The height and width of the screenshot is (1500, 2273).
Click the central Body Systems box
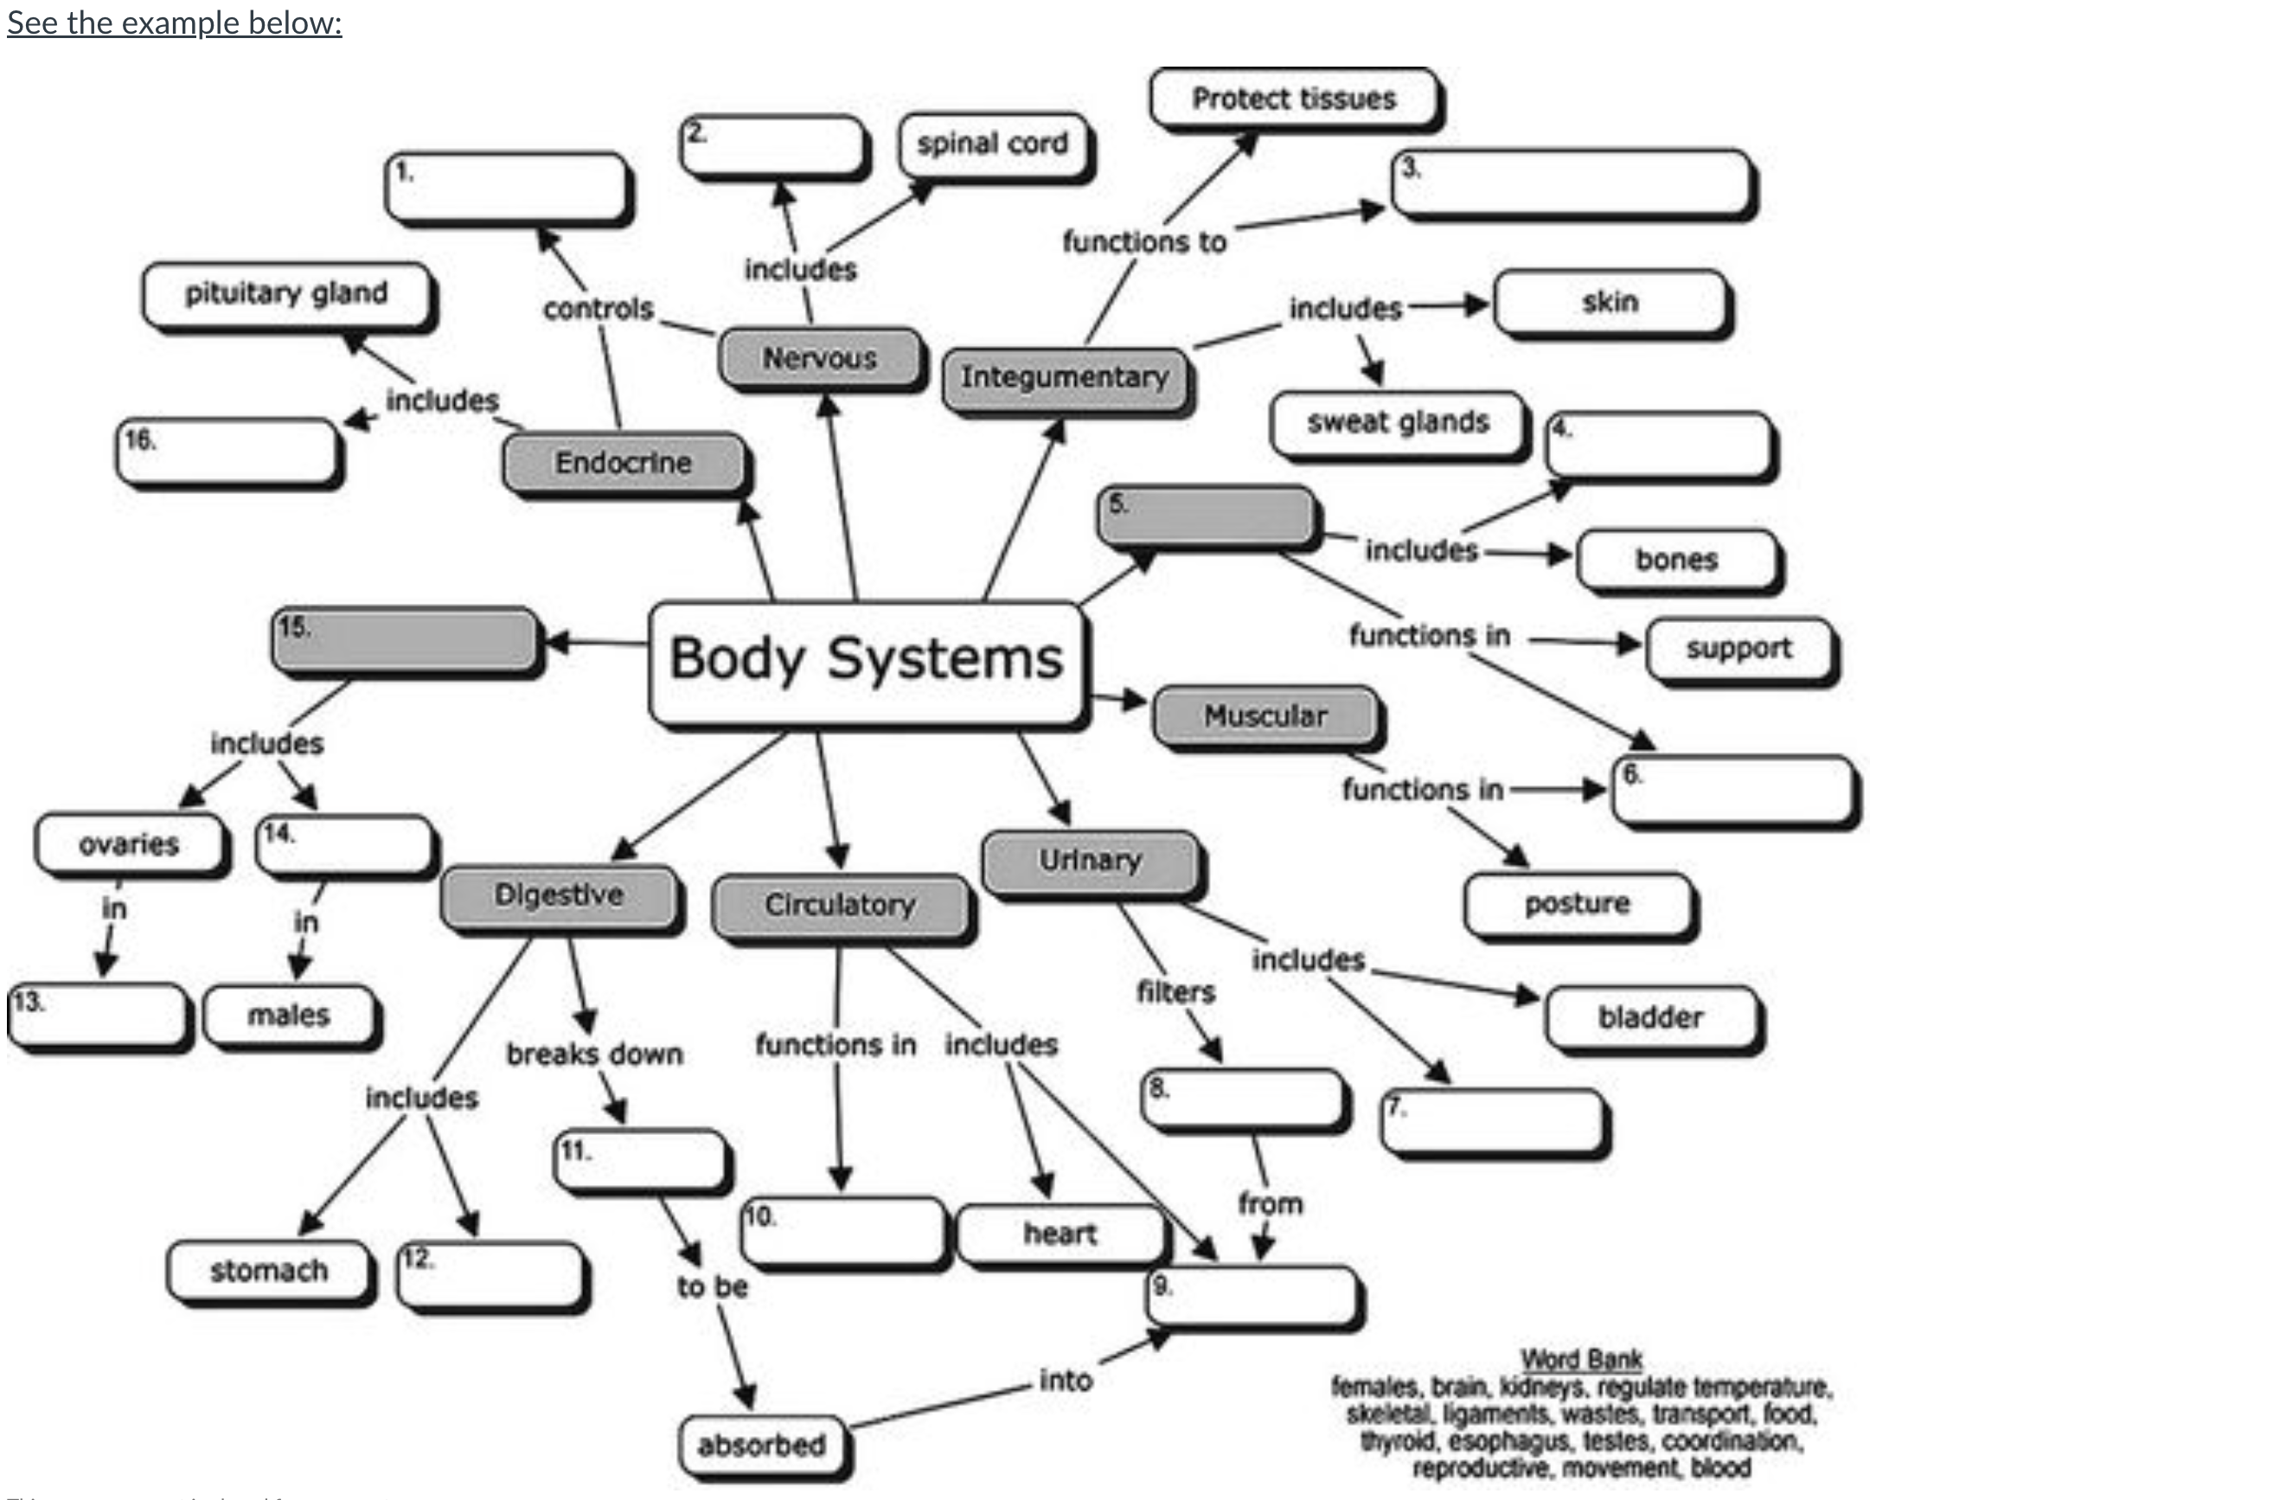(x=867, y=660)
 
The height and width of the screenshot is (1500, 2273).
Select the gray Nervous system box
(x=819, y=358)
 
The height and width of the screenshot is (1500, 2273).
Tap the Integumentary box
(x=1065, y=378)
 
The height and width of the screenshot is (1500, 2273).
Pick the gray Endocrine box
(x=623, y=463)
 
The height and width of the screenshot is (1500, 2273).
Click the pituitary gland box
(x=286, y=294)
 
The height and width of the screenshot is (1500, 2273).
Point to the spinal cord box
(x=993, y=144)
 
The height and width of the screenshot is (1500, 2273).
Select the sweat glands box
(x=1397, y=423)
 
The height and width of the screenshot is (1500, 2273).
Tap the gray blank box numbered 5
(x=1207, y=516)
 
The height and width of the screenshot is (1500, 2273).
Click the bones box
(x=1676, y=560)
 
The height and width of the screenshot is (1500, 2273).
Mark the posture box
(x=1577, y=903)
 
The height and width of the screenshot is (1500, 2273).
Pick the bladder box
(x=1650, y=1017)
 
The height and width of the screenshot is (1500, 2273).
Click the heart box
(x=1060, y=1234)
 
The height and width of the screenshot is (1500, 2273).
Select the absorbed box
(x=762, y=1445)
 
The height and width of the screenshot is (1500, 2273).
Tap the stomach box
(x=269, y=1271)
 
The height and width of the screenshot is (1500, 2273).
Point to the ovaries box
(x=129, y=843)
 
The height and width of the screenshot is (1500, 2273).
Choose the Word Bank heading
(x=1581, y=1358)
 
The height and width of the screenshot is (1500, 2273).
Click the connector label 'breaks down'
(x=595, y=1054)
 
